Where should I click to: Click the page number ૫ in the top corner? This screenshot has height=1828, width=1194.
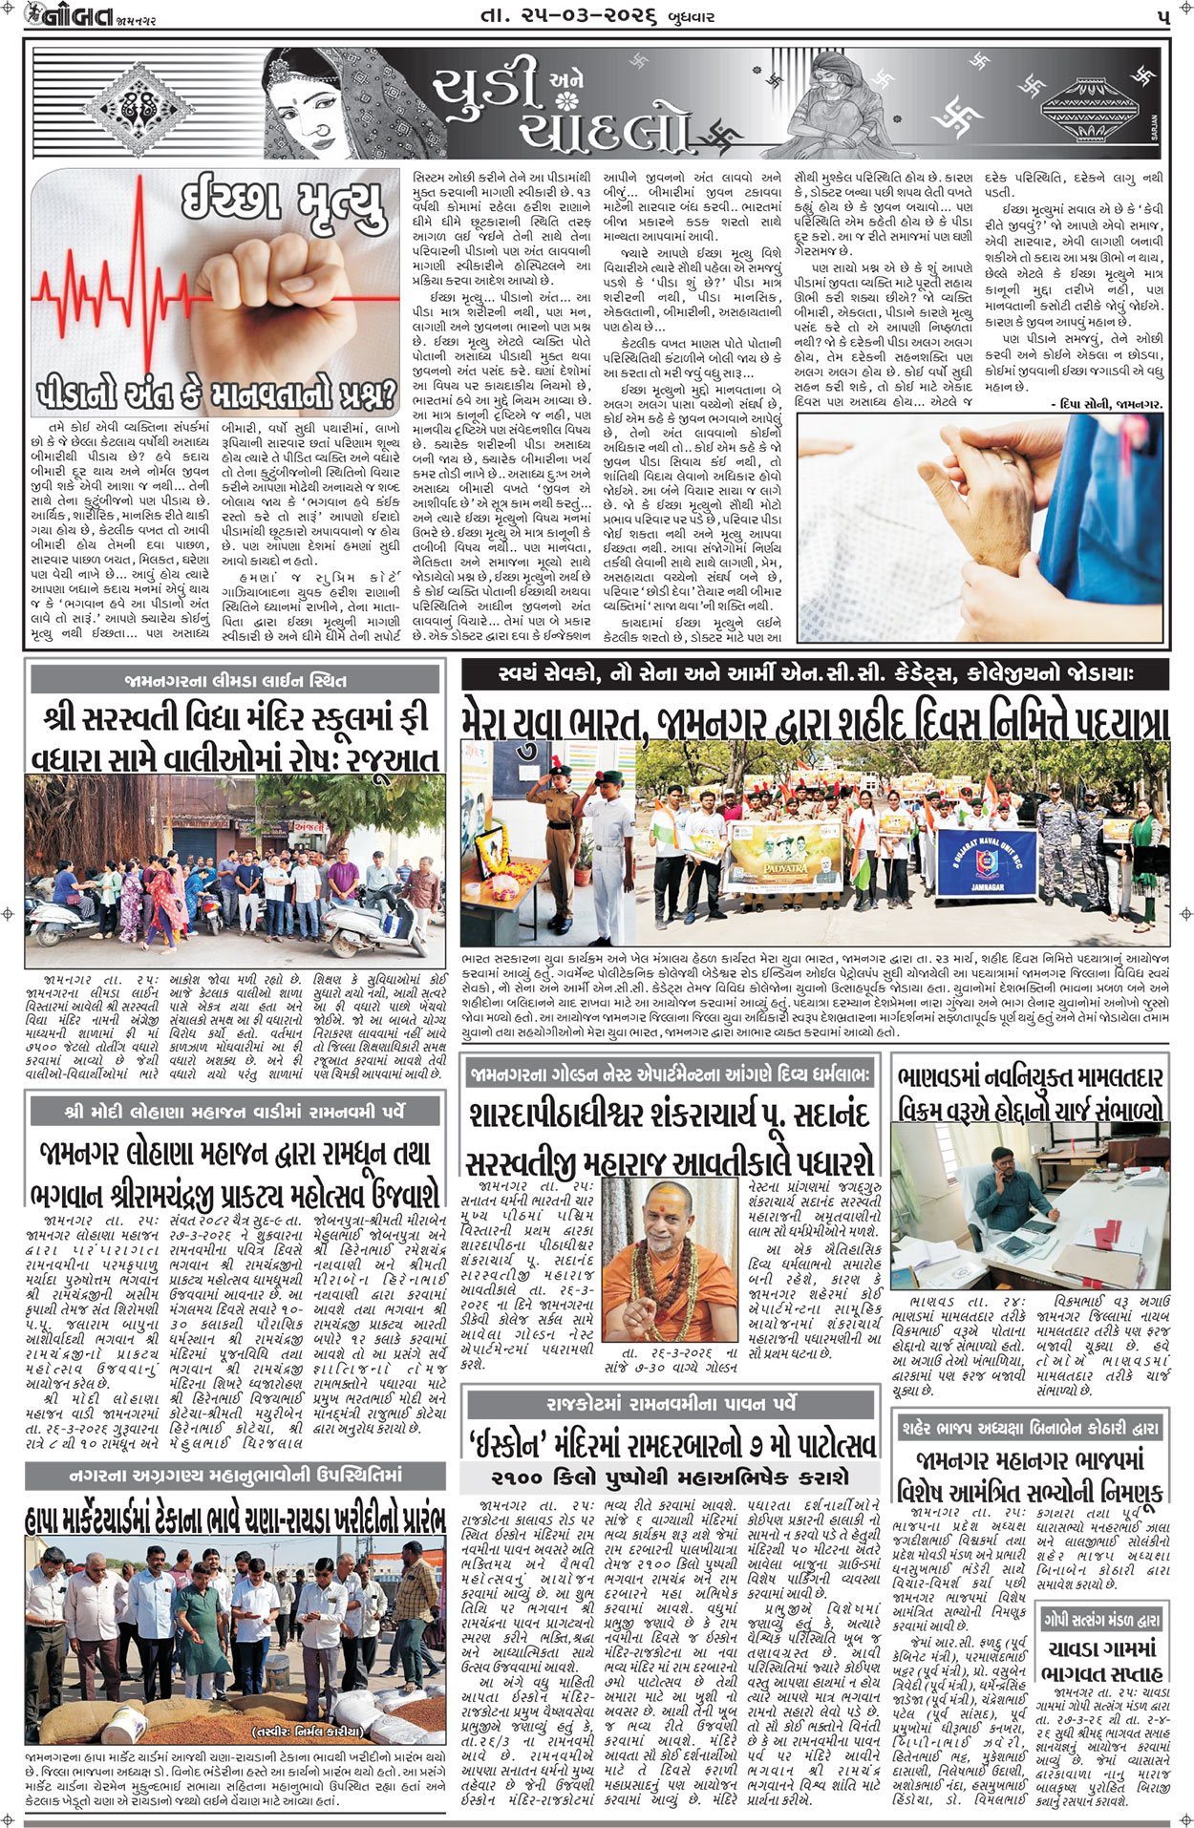(x=1162, y=17)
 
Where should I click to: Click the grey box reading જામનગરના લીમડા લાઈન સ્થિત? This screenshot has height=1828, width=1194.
(x=235, y=680)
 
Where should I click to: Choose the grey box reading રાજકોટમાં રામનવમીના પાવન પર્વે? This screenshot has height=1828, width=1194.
(x=669, y=1403)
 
